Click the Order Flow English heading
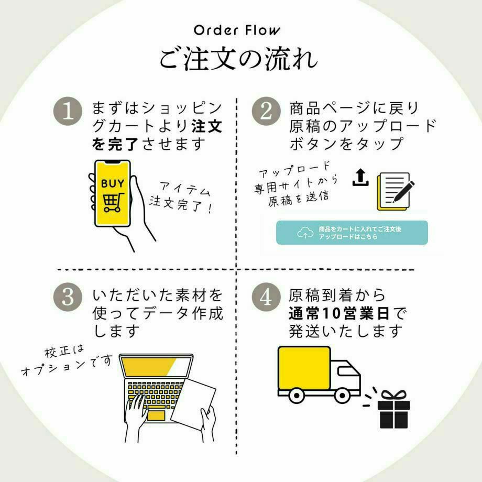(x=237, y=30)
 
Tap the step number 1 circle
(x=69, y=111)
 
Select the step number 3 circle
(x=69, y=297)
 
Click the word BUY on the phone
(x=113, y=184)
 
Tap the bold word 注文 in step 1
(x=206, y=126)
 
